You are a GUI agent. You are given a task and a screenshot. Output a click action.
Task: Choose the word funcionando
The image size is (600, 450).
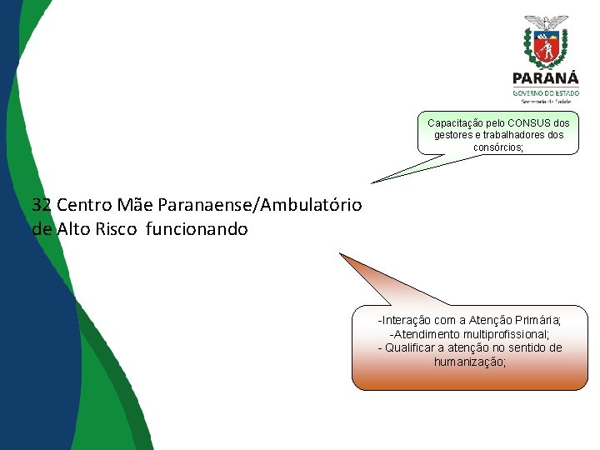point(197,228)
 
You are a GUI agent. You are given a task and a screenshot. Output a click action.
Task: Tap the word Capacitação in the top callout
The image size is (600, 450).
point(456,123)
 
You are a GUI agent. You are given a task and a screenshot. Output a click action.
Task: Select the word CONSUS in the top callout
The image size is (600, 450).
point(532,123)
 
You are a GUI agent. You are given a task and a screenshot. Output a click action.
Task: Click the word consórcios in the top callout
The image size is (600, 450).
point(497,147)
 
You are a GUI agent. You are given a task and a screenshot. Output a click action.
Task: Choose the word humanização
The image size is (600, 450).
point(469,362)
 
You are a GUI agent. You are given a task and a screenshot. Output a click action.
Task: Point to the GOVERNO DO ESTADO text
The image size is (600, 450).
point(546,92)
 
